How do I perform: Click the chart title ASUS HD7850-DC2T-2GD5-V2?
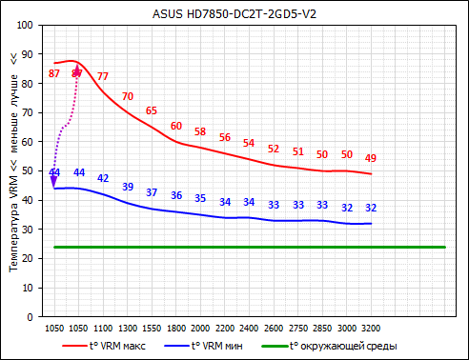(x=235, y=13)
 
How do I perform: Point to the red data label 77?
(x=103, y=76)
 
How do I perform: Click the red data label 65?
(x=152, y=111)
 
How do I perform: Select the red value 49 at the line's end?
(x=371, y=158)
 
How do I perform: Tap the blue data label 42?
(x=103, y=179)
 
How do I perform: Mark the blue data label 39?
(x=128, y=188)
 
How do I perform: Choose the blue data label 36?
(x=176, y=195)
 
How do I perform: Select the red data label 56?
(x=225, y=137)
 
